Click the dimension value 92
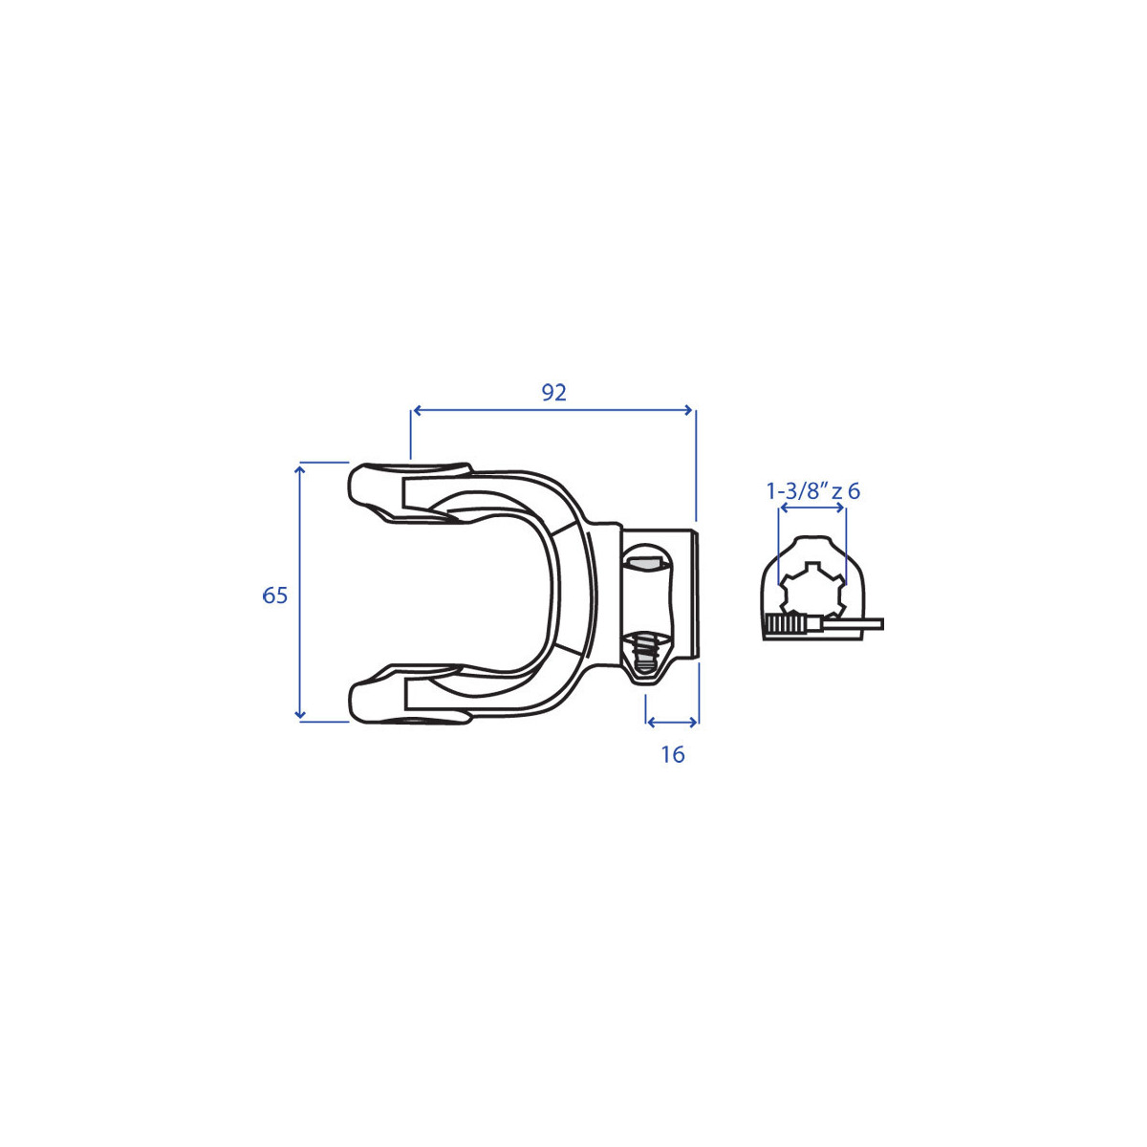coord(553,393)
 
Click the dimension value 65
coord(275,595)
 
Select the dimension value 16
coord(673,755)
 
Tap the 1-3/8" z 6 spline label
coord(812,491)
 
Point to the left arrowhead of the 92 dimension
coord(418,409)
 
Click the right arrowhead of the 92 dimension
coord(688,409)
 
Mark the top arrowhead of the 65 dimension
coord(300,471)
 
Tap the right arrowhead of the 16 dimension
coord(692,723)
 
